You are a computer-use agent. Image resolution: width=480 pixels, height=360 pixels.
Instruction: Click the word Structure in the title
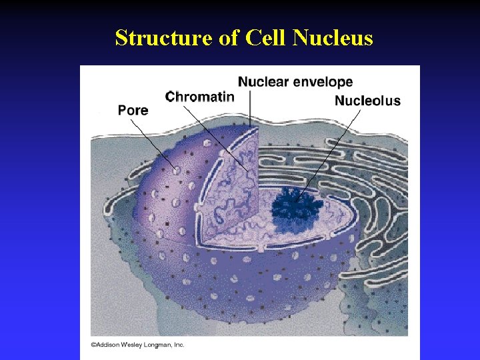coord(163,38)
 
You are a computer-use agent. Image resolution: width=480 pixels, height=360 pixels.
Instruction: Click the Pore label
coord(133,110)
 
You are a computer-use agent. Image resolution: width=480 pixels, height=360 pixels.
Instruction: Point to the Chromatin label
coord(200,97)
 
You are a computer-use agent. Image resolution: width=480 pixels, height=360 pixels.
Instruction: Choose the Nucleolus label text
coord(367,101)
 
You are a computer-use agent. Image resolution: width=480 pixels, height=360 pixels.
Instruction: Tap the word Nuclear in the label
coord(264,82)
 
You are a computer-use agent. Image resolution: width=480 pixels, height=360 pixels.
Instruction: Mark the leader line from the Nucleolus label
coord(333,150)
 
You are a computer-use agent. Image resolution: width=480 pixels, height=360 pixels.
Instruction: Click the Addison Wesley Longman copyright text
coord(138,345)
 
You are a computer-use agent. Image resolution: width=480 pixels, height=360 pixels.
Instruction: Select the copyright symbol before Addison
coord(93,345)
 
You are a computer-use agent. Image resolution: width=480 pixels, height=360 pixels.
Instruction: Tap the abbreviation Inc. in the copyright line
coord(179,345)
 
